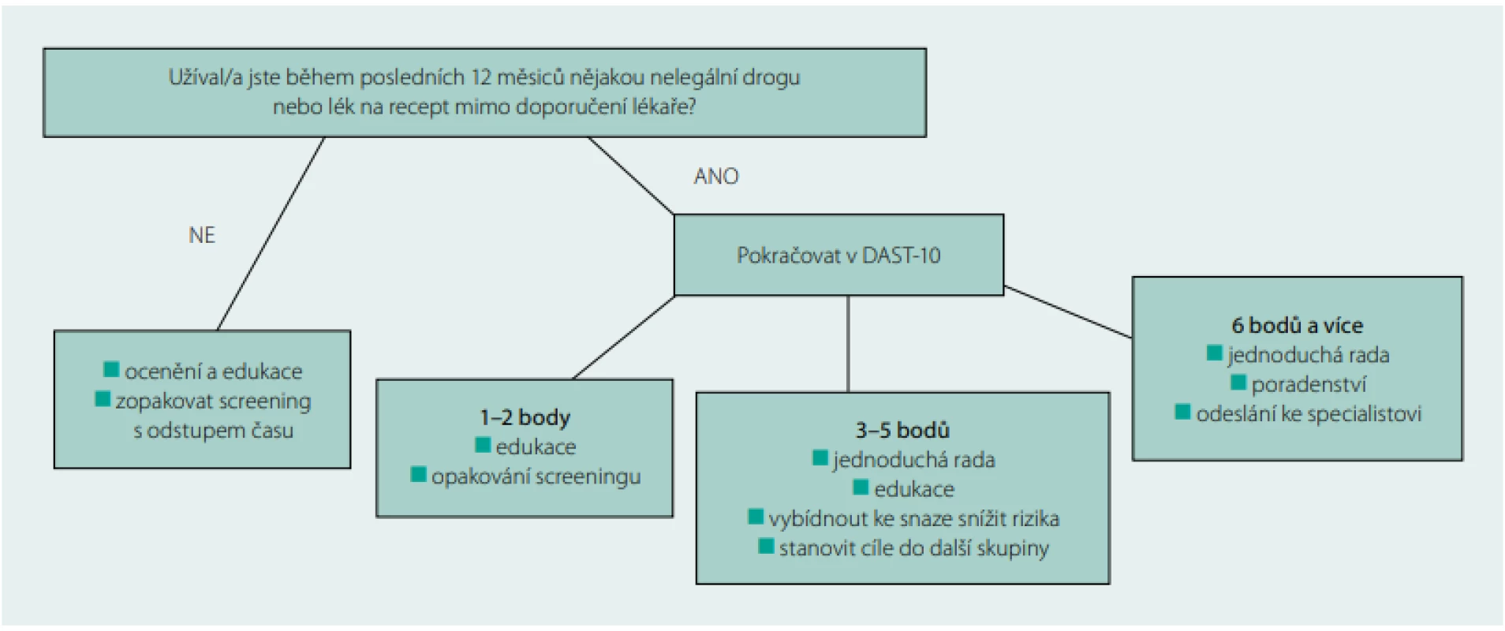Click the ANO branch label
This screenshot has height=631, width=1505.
[x=716, y=176]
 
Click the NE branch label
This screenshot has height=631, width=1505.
[x=202, y=235]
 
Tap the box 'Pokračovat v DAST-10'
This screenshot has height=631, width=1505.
[x=838, y=255]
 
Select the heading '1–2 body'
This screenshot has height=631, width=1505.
[x=525, y=417]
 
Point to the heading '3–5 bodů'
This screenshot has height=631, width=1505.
[x=902, y=430]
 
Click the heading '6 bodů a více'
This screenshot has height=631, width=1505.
[x=1298, y=325]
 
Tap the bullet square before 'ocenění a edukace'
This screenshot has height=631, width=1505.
[x=111, y=369]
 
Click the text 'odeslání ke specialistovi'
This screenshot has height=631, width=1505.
[x=1309, y=414]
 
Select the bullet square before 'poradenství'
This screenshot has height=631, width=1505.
[x=1238, y=383]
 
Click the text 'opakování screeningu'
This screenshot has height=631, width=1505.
[x=536, y=477]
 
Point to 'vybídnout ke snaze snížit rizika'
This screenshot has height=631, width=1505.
[x=914, y=519]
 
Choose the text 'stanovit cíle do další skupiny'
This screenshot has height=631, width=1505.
[x=914, y=548]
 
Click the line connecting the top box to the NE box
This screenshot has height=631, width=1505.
[x=271, y=233]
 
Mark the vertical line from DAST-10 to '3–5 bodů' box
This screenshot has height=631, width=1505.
[x=848, y=344]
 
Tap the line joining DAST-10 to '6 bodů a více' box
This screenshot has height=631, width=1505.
[x=1068, y=312]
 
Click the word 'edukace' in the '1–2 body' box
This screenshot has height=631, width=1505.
[x=536, y=447]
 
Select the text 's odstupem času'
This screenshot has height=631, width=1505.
[x=213, y=431]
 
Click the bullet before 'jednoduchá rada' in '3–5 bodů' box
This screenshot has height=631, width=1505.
[x=820, y=457]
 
